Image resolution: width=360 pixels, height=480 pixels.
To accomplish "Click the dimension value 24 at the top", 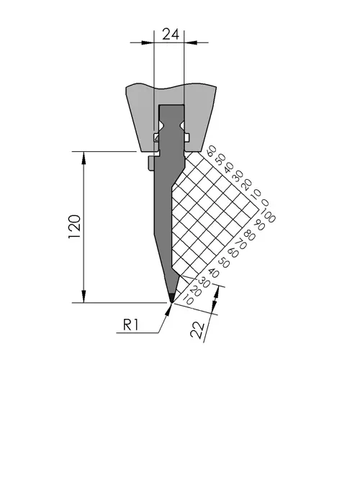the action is point(171,35).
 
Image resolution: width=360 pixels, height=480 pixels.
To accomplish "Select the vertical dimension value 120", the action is point(75,227).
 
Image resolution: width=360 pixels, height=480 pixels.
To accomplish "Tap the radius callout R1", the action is point(131,325).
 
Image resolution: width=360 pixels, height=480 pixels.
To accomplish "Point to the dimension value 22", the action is point(198,330).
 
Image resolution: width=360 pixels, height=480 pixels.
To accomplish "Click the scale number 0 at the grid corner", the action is point(265,202).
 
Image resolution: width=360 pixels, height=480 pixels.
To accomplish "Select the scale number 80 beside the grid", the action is point(250,236).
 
